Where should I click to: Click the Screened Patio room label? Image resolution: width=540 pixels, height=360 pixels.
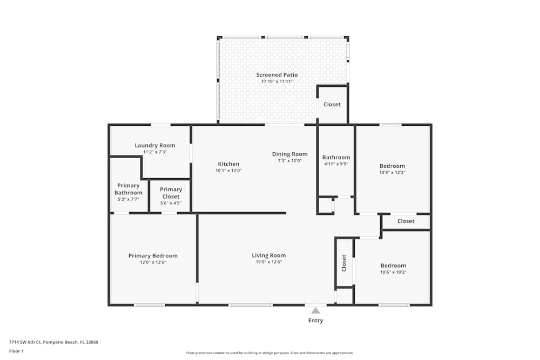[x=276, y=75]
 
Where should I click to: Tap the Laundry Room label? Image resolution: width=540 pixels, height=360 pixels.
[x=154, y=145]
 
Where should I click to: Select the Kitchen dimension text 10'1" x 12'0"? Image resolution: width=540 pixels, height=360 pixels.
[x=228, y=171]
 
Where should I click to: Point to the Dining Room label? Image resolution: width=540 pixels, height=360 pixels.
[x=289, y=154]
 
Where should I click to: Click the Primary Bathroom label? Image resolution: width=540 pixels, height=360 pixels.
[x=129, y=189]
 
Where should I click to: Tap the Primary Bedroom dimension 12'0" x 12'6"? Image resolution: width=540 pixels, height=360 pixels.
[x=153, y=262]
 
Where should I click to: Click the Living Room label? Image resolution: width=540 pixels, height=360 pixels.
[x=268, y=255]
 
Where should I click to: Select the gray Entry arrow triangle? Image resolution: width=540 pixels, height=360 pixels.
[x=315, y=310]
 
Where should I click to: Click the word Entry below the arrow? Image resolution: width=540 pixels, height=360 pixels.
[x=315, y=321]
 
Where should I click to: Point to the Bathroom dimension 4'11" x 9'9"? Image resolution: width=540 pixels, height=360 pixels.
[x=336, y=164]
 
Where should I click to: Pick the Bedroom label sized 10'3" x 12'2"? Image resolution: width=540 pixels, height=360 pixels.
[x=392, y=166]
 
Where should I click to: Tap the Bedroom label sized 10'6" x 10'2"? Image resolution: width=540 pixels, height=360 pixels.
[x=393, y=266]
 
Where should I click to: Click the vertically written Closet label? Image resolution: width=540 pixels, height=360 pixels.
[x=344, y=263]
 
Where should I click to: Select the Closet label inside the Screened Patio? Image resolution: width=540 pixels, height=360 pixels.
[x=332, y=104]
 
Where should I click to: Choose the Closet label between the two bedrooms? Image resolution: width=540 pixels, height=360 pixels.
[x=406, y=221]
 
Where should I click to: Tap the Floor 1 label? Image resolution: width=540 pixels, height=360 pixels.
[x=16, y=351]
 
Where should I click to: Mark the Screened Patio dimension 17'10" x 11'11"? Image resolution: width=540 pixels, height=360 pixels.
[x=276, y=81]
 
